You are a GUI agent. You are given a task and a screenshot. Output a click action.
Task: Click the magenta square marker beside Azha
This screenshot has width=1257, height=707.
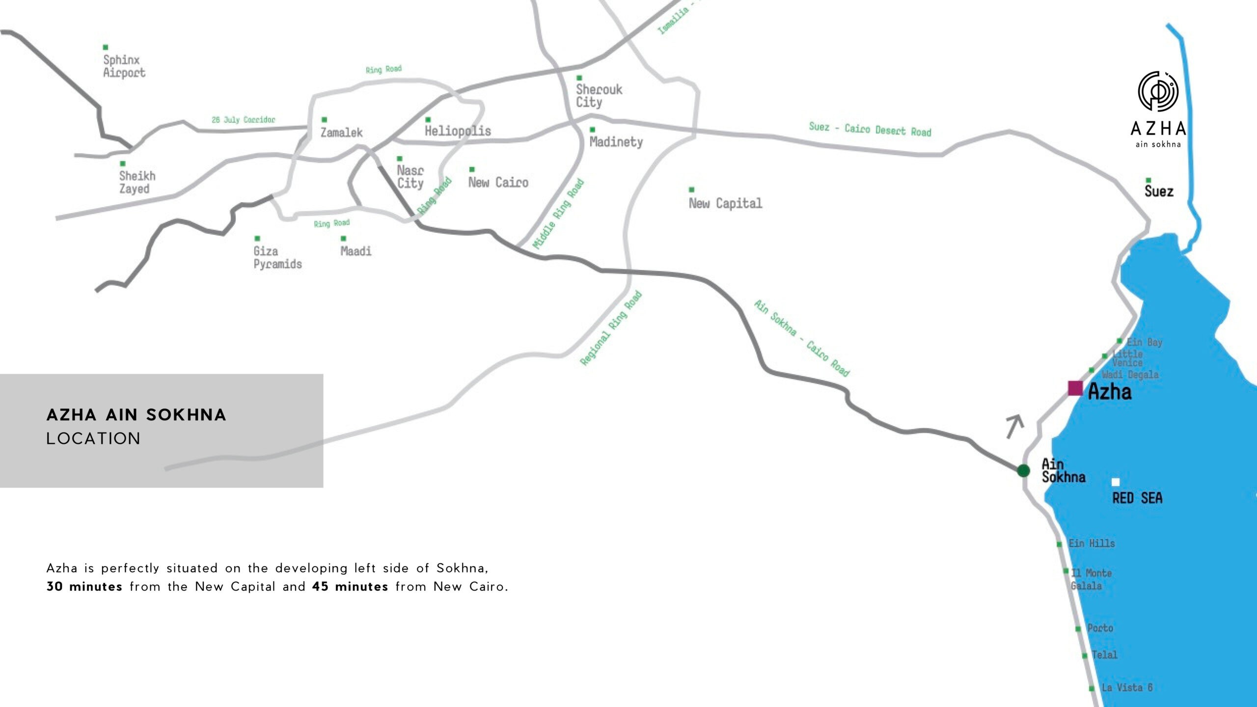[x=1075, y=388]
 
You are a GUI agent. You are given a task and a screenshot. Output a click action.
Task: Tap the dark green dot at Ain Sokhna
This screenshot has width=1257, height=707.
[x=1024, y=470]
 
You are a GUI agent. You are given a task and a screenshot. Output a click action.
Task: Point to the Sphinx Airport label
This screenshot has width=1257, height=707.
[x=124, y=66]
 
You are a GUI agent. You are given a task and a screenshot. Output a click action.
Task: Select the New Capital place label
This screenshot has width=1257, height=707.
[x=725, y=203]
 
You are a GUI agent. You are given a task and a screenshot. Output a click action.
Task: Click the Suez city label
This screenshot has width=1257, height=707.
[x=1159, y=191]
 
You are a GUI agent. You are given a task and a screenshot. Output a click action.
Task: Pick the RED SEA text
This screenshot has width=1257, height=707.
[x=1137, y=498]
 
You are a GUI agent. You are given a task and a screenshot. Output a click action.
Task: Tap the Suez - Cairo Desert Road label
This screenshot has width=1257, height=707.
[x=870, y=129]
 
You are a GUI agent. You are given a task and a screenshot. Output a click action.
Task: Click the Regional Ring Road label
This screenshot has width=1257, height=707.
[x=611, y=328]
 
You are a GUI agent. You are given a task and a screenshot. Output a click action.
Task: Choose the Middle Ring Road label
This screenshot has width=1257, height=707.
[x=559, y=214]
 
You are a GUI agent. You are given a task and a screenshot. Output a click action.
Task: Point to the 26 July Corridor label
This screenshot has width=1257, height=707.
[x=244, y=120]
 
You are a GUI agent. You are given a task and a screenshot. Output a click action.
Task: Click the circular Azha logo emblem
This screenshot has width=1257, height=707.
[x=1158, y=91]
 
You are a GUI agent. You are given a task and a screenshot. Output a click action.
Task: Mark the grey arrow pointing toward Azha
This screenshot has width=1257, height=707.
[x=1014, y=426]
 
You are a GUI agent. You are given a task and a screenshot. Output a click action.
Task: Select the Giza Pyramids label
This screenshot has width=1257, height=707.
[x=277, y=258]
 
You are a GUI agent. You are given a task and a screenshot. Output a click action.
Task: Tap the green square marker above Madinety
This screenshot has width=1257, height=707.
[x=593, y=130]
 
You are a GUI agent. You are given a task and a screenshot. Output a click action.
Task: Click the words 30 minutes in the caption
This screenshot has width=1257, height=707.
[x=84, y=587]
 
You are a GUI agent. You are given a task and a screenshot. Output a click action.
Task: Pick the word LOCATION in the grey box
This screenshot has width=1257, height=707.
[x=93, y=438]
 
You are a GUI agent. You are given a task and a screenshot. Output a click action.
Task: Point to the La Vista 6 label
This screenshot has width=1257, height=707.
[x=1127, y=687]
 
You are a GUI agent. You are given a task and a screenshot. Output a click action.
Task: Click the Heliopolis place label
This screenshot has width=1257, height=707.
[x=458, y=131]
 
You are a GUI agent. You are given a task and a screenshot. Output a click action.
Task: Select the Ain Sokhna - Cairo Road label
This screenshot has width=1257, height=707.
[x=802, y=338]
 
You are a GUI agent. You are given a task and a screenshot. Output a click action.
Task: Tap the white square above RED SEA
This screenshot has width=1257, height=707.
[x=1116, y=482]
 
